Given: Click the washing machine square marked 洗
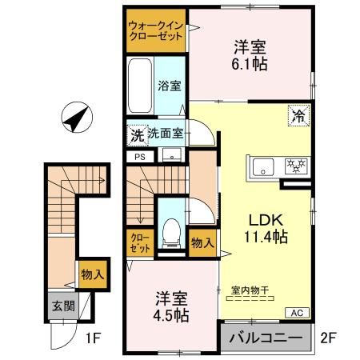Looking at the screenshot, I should (x=137, y=134).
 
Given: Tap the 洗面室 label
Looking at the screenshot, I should (x=166, y=134).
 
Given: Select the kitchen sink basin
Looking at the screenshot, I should (x=262, y=166).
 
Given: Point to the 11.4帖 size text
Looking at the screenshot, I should (x=266, y=237).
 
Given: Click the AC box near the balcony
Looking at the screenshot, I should (x=296, y=312).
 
